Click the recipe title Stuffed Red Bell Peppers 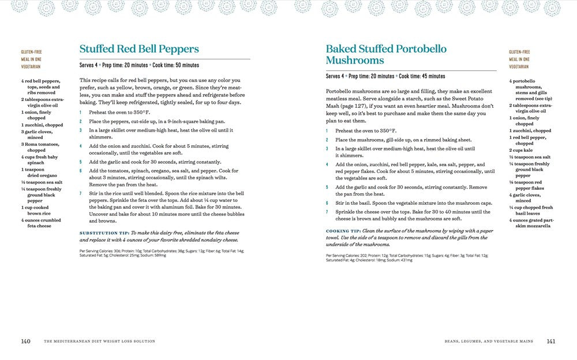139,49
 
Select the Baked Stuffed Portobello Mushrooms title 385,54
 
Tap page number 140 25,342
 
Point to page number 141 550,342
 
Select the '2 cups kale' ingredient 520,149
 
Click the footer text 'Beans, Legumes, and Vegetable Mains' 489,342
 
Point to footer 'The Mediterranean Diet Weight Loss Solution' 100,342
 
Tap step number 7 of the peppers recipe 81,193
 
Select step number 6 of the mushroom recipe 327,203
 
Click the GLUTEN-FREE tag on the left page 31,52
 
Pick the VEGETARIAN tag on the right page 519,67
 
